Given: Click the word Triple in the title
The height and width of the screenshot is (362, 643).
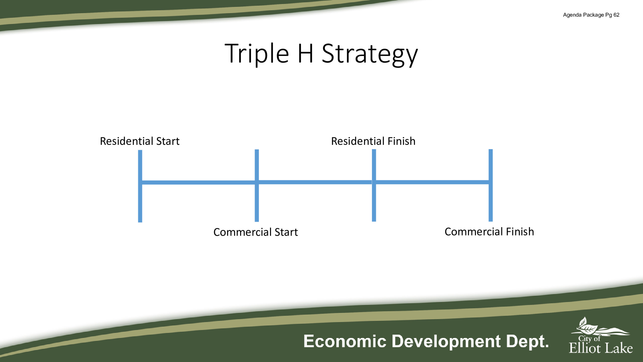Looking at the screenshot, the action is pos(257,54).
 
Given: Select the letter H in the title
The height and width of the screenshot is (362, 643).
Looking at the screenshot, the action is pos(305,53).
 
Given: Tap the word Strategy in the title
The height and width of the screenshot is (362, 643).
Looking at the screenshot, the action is pos(370,55).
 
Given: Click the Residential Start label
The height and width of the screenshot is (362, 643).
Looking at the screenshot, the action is pos(140,141).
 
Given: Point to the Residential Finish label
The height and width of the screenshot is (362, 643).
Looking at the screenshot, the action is pos(373,141).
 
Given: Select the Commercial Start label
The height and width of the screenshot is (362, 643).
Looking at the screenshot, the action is pos(255,232).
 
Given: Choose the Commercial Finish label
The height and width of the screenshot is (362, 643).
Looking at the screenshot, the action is pos(489,232).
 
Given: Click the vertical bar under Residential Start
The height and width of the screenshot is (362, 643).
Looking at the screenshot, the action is pos(140,186).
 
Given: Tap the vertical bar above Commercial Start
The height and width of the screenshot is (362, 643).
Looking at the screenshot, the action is pos(257,186).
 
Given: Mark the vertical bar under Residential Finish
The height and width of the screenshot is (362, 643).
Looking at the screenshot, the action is pos(374,185).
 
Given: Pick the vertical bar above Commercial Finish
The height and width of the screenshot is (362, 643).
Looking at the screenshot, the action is pos(491,185).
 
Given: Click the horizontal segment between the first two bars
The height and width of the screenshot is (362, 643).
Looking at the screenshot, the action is pos(198,183).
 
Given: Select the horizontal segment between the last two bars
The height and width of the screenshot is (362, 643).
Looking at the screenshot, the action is pos(432,182).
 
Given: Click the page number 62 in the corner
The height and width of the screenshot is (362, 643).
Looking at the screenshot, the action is pos(616,15).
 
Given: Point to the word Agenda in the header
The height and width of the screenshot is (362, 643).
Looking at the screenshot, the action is pos(572,15).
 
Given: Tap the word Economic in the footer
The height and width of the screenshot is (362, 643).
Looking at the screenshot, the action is pos(345,341).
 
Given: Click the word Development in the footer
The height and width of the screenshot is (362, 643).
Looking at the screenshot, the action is pos(446,342).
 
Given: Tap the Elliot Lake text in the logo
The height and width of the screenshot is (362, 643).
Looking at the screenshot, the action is pos(601,348).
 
